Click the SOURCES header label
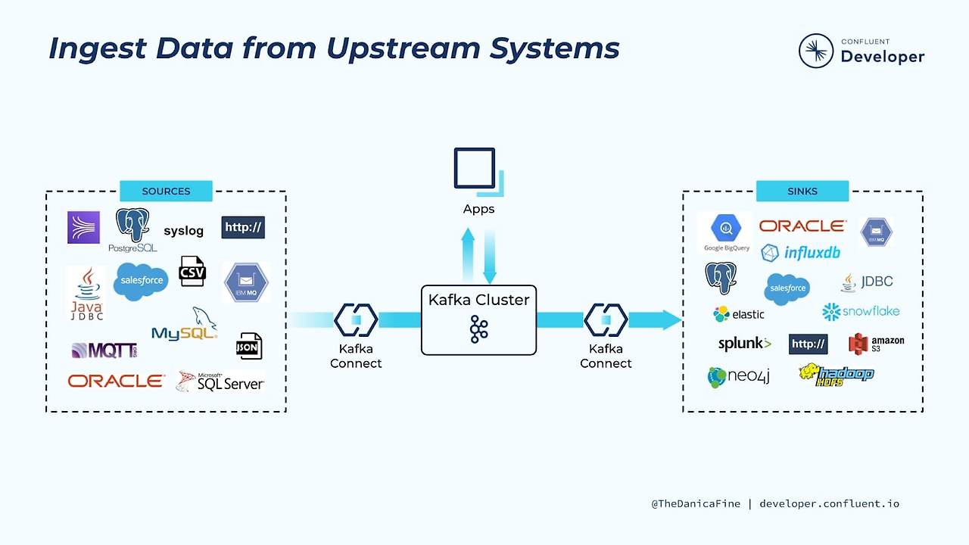point(166,191)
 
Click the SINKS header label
point(802,191)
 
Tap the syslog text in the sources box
point(183,231)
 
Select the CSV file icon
point(192,271)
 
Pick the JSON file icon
point(248,346)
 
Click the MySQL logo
point(185,325)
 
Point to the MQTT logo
point(104,350)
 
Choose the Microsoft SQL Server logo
point(220,381)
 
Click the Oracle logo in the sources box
point(116,381)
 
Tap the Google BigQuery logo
point(726,232)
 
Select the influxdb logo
point(800,252)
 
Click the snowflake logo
point(861,311)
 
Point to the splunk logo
point(744,344)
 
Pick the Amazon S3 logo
point(876,344)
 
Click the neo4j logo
point(738,376)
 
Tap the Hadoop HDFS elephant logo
point(836,374)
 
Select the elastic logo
point(738,313)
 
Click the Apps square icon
point(475,169)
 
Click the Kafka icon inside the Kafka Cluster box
point(478,329)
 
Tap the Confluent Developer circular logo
point(816,51)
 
